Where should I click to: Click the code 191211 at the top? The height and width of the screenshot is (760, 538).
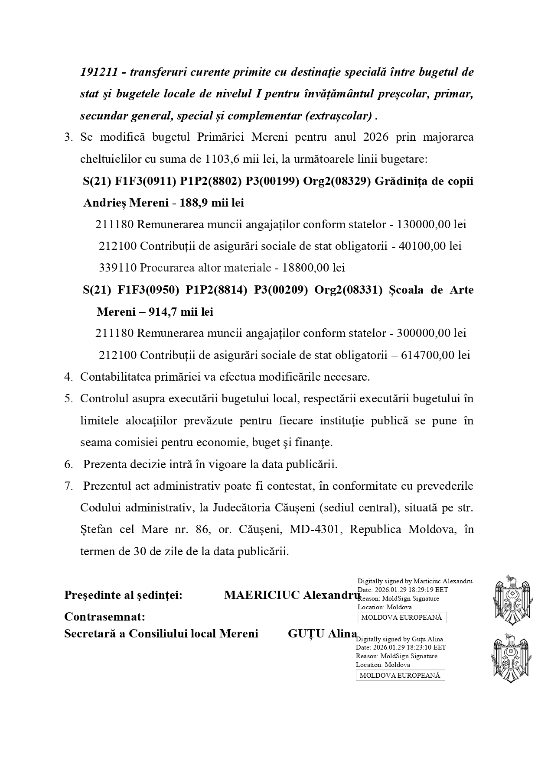pos(99,72)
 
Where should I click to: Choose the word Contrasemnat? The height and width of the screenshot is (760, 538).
pos(104,616)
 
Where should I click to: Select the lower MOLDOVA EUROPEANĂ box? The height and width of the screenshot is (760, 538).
pos(400,675)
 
